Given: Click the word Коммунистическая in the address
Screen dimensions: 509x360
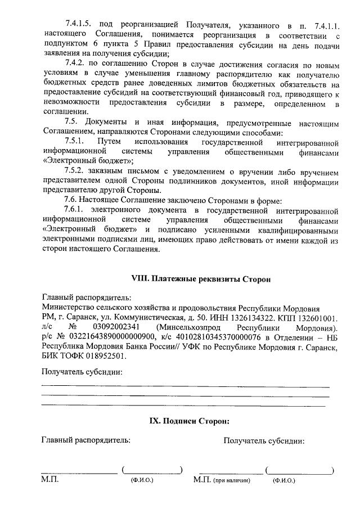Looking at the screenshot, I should (130, 317).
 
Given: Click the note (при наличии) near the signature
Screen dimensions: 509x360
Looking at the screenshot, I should (232, 481).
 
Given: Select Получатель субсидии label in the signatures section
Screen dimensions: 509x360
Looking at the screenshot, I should (264, 441).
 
